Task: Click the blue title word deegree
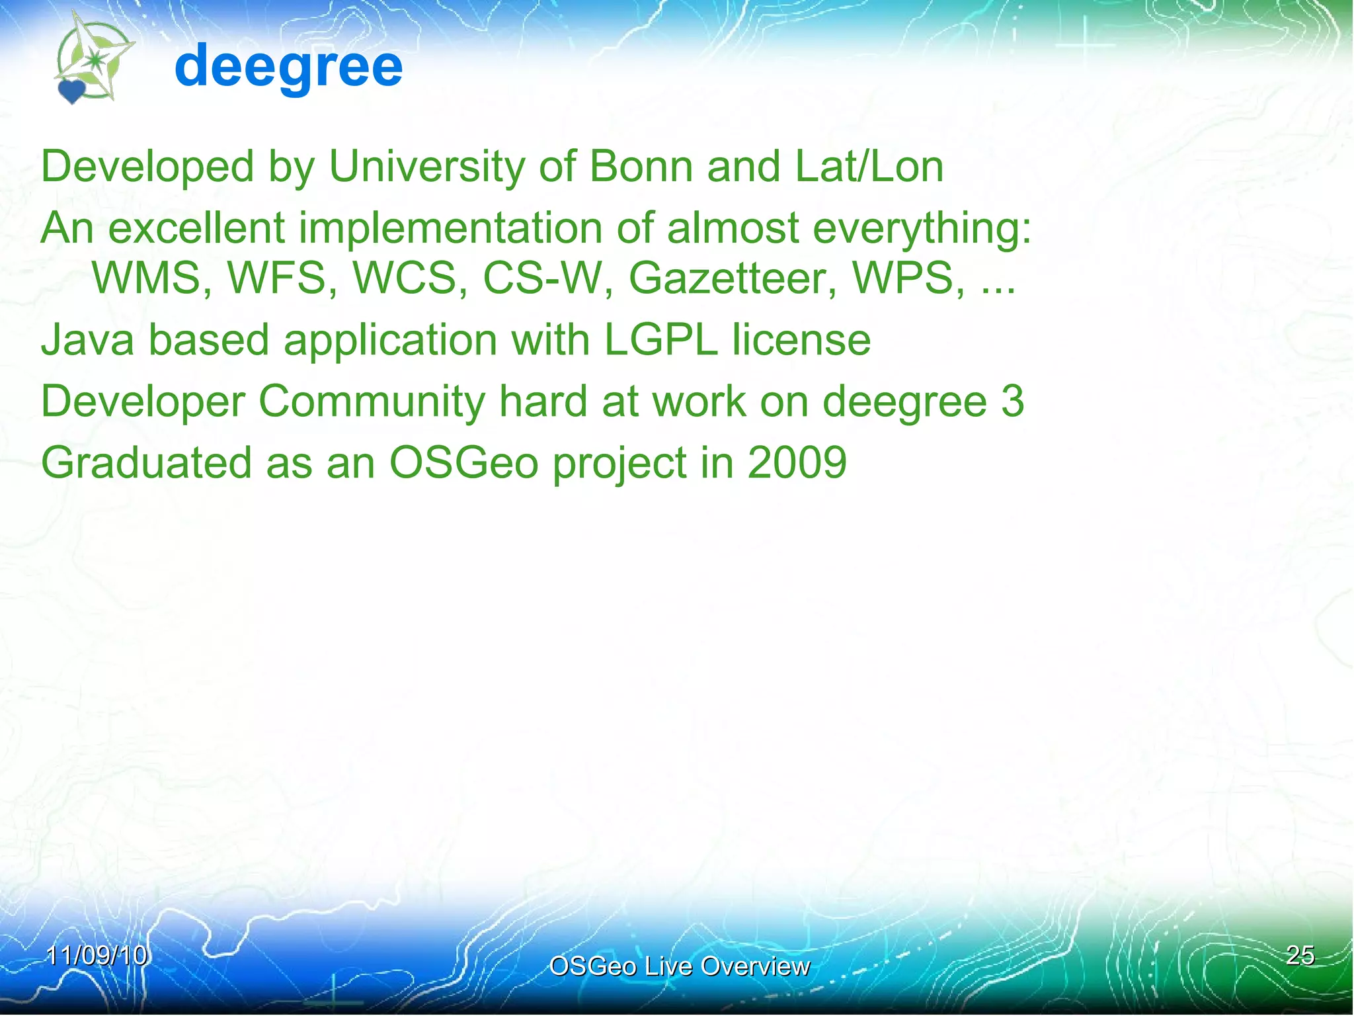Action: pyautogui.click(x=288, y=66)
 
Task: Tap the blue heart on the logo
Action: pyautogui.click(x=71, y=92)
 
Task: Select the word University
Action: pyautogui.click(x=426, y=166)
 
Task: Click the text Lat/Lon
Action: pyautogui.click(x=869, y=166)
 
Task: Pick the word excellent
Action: pyautogui.click(x=196, y=228)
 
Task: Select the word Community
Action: pyautogui.click(x=372, y=402)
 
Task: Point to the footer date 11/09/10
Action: pyautogui.click(x=97, y=955)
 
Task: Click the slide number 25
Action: pyautogui.click(x=1300, y=955)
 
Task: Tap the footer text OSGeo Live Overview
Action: pyautogui.click(x=679, y=966)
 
